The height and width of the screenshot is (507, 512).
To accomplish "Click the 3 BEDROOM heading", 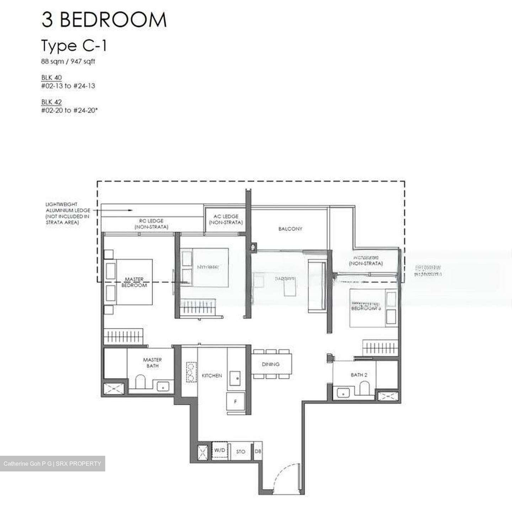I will pyautogui.click(x=104, y=20).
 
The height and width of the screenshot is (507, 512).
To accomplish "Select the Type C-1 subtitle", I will pyautogui.click(x=74, y=46).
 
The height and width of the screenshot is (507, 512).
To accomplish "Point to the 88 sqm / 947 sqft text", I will pyautogui.click(x=68, y=61).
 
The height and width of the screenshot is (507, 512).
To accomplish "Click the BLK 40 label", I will pyautogui.click(x=52, y=78).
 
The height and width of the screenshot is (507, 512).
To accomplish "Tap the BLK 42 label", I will pyautogui.click(x=52, y=102).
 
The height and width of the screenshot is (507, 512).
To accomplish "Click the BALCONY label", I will pyautogui.click(x=290, y=229).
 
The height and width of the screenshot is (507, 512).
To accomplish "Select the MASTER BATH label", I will pyautogui.click(x=152, y=363).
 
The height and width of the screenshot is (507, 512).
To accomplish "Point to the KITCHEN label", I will pyautogui.click(x=212, y=375).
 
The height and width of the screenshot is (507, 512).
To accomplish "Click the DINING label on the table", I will pyautogui.click(x=271, y=364).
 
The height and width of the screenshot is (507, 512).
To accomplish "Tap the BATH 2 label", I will pyautogui.click(x=359, y=375).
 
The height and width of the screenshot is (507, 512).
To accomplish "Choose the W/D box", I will pyautogui.click(x=220, y=450).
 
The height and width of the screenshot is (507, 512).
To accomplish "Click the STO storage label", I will pyautogui.click(x=241, y=451).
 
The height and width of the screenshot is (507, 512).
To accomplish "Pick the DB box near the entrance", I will pyautogui.click(x=258, y=451).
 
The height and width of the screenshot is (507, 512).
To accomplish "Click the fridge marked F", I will pyautogui.click(x=235, y=402).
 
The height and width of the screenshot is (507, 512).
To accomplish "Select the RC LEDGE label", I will pyautogui.click(x=151, y=223).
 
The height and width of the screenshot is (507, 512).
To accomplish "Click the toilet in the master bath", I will pyautogui.click(x=141, y=381).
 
